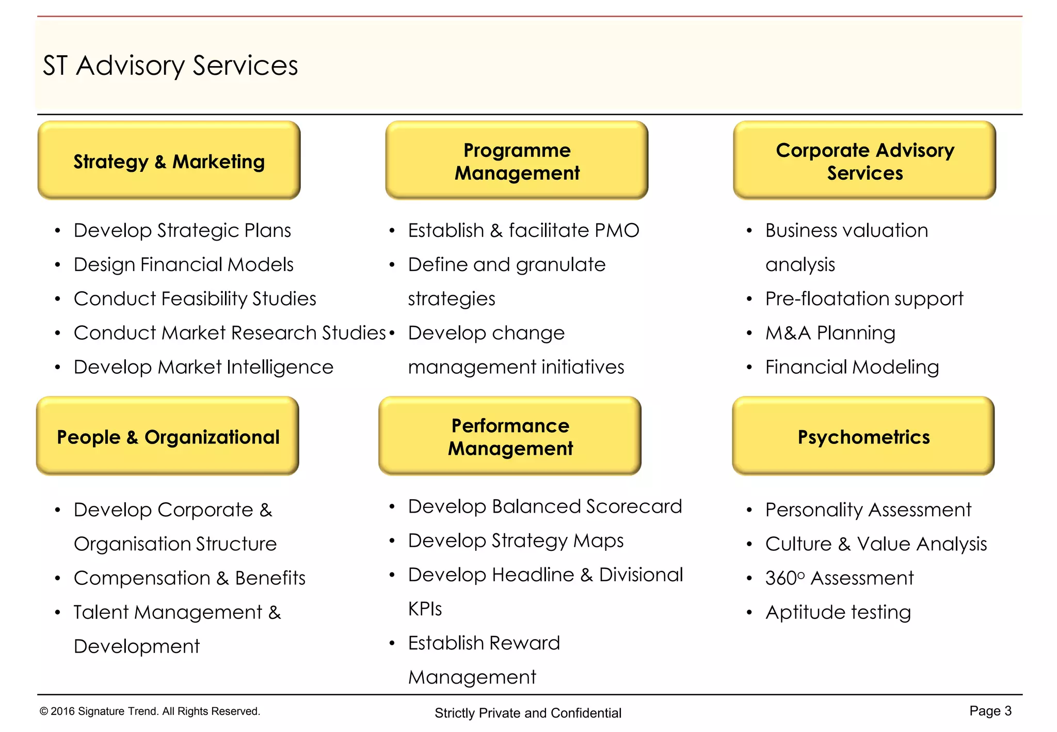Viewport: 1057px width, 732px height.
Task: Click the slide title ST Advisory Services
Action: click(170, 66)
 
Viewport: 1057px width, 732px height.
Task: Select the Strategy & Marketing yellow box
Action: click(169, 161)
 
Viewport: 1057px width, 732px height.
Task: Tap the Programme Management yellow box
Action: click(517, 161)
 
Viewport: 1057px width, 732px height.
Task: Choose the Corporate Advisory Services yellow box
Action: click(864, 161)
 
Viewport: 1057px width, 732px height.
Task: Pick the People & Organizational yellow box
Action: click(168, 436)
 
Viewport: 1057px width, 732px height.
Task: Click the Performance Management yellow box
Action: click(510, 436)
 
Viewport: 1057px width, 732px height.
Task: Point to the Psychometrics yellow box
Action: click(863, 436)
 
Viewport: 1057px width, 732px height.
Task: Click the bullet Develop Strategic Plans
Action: click(182, 230)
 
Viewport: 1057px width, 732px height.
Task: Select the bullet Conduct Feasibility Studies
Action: click(195, 298)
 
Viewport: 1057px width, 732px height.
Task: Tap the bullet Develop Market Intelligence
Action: click(203, 367)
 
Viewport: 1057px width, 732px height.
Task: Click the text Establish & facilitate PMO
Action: click(523, 230)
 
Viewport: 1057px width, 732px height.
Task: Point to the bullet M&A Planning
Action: click(830, 333)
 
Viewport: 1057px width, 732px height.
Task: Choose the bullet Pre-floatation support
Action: click(864, 298)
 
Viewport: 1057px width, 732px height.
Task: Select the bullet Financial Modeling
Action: click(852, 367)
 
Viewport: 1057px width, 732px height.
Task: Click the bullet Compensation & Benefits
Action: click(189, 578)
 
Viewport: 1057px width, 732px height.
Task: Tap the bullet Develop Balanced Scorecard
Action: click(545, 506)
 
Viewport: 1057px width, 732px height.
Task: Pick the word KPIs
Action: click(425, 609)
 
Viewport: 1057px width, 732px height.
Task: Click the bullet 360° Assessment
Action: click(839, 578)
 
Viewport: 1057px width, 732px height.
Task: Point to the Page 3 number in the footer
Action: click(990, 711)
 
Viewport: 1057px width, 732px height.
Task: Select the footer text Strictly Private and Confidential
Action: click(527, 713)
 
